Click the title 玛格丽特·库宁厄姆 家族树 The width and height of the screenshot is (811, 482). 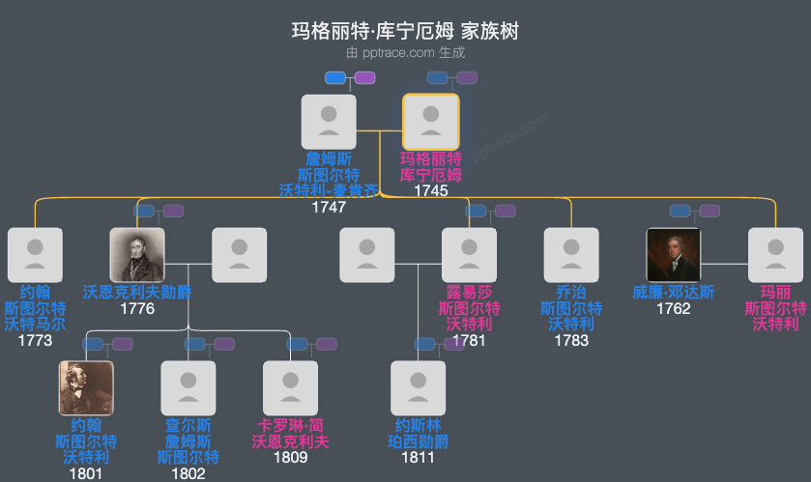pyautogui.click(x=405, y=31)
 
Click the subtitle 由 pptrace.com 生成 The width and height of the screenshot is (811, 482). pyautogui.click(x=405, y=53)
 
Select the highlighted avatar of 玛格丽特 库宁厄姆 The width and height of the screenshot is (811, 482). pyautogui.click(x=430, y=122)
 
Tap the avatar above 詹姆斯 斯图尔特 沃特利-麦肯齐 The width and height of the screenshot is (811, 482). pyautogui.click(x=329, y=122)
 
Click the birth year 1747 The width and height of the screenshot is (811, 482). pyautogui.click(x=329, y=207)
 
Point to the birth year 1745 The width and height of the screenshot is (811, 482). pyautogui.click(x=430, y=191)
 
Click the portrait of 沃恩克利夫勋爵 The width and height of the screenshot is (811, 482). pyautogui.click(x=137, y=255)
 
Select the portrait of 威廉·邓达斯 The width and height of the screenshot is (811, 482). pyautogui.click(x=673, y=255)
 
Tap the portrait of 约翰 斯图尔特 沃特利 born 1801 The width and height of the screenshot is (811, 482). pyautogui.click(x=86, y=388)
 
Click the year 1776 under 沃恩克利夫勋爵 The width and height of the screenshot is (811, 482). pyautogui.click(x=137, y=308)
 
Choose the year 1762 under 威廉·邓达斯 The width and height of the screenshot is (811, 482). pyautogui.click(x=673, y=308)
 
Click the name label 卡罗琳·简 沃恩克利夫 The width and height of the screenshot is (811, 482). pyautogui.click(x=290, y=433)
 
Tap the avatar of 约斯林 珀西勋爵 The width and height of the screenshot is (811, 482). pyautogui.click(x=418, y=388)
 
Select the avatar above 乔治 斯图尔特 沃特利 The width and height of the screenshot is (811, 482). pyautogui.click(x=570, y=255)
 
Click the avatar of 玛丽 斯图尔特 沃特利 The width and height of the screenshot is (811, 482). pyautogui.click(x=775, y=255)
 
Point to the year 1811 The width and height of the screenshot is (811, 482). pyautogui.click(x=418, y=457)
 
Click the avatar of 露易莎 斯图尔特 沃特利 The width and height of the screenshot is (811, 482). pyautogui.click(x=469, y=255)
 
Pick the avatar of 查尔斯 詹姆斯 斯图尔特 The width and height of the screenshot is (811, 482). pyautogui.click(x=188, y=388)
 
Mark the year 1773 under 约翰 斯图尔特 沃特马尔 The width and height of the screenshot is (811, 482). pyautogui.click(x=35, y=340)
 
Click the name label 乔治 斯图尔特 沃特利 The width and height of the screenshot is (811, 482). pyautogui.click(x=570, y=308)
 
